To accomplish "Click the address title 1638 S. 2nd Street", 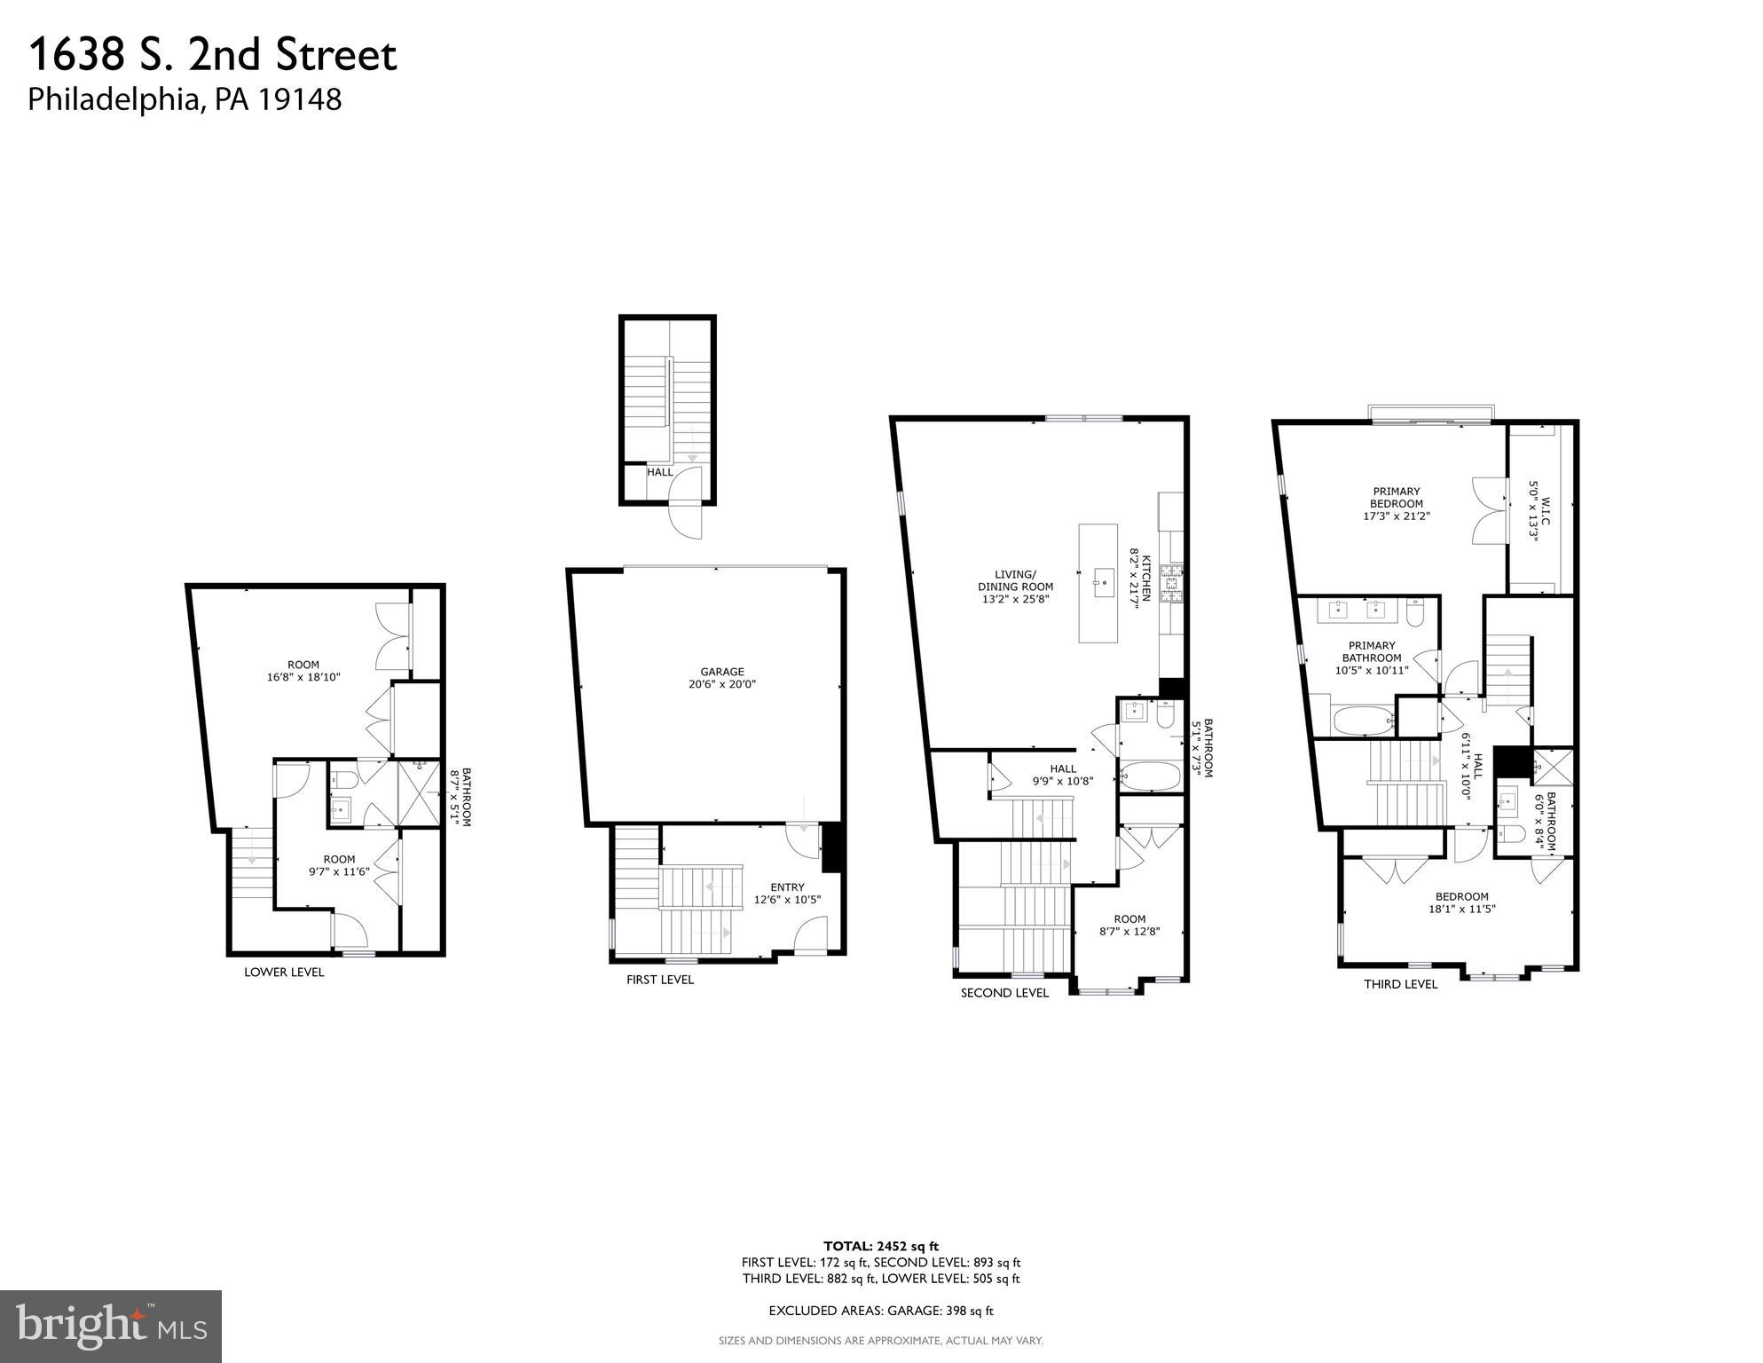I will (x=213, y=55).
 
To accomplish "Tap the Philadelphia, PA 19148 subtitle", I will (x=185, y=98).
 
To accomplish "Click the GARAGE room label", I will (x=721, y=672).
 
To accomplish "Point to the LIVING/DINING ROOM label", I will (x=1015, y=580).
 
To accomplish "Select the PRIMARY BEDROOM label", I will (x=1396, y=497).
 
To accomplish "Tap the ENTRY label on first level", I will (x=787, y=887).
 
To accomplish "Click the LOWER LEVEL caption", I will (x=284, y=972).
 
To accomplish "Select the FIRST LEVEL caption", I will (x=659, y=980).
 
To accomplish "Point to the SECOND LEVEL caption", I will (x=1003, y=993).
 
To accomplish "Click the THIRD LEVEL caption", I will (x=1400, y=984).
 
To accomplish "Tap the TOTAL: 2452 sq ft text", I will (x=880, y=1246).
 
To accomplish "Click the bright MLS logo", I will (x=111, y=1327).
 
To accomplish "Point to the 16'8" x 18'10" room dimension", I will (x=303, y=677).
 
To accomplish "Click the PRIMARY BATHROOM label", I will (x=1371, y=651).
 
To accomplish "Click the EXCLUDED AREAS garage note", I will (x=880, y=1311).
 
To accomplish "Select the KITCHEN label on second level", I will (x=1145, y=579).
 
